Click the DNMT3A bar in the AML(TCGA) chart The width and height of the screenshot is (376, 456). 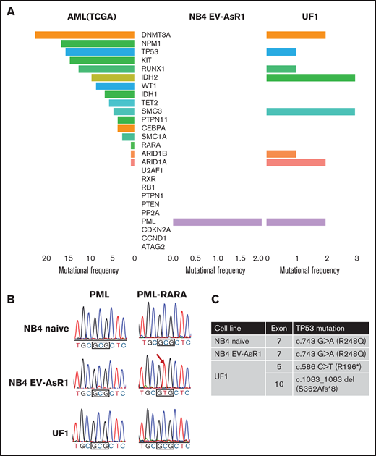[x=84, y=35]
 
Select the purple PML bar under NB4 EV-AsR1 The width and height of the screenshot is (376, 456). [x=217, y=221]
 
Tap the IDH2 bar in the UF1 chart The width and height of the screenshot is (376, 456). [x=310, y=77]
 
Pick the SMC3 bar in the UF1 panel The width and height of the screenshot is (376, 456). [x=310, y=111]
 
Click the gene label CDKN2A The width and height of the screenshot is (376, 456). [x=157, y=230]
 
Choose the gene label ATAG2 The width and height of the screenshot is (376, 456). [x=153, y=248]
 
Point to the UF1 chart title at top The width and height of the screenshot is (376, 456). [x=310, y=18]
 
